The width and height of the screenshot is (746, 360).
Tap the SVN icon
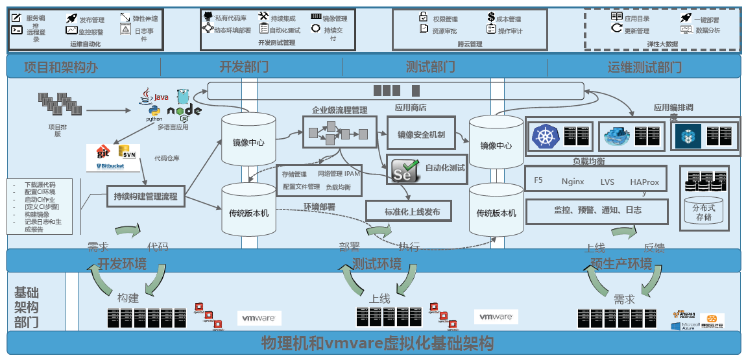(x=126, y=152)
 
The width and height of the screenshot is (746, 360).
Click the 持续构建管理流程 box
(x=145, y=196)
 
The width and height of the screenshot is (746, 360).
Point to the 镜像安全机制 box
(x=421, y=135)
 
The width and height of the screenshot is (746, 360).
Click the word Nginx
(x=573, y=182)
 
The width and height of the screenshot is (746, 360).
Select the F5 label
(x=538, y=181)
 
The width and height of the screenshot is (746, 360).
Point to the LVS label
(x=607, y=182)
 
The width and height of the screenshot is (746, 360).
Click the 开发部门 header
(x=244, y=67)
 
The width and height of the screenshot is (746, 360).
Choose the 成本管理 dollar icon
(x=490, y=19)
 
